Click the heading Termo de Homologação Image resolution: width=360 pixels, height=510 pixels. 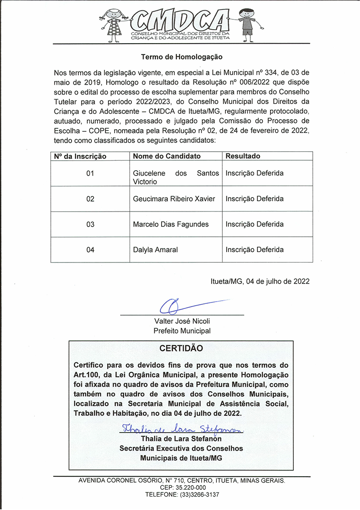coord(182,57)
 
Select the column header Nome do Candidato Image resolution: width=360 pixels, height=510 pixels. coord(166,156)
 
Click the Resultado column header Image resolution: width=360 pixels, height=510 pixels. coord(243,156)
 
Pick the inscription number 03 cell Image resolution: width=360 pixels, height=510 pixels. coord(90,224)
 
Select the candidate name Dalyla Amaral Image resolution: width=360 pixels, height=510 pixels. coord(155,250)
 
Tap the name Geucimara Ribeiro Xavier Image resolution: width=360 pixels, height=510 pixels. coord(174,199)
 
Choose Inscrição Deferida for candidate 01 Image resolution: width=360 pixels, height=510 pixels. coord(254,173)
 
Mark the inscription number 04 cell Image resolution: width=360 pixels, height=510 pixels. coord(90,250)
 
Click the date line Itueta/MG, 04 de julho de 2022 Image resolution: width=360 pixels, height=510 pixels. coord(260,281)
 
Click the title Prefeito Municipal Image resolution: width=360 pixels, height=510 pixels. coord(182,331)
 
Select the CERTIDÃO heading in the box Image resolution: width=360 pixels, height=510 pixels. coord(181,348)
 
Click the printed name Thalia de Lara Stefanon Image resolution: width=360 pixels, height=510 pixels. coord(181,439)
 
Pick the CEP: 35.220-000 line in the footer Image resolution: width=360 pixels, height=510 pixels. coord(182,487)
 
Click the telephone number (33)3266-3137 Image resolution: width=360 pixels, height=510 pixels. coord(197,495)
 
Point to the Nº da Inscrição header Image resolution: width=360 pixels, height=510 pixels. coord(80,156)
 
